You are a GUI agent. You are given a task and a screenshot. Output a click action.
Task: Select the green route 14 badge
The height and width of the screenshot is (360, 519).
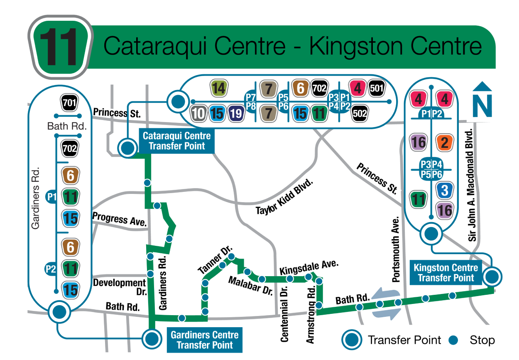218,88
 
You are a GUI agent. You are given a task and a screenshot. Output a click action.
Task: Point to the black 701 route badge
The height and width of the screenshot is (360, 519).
69,102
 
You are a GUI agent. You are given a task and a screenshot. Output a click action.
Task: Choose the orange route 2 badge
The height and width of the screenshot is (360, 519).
444,142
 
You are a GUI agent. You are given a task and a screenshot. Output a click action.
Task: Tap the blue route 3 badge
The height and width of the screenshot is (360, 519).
445,191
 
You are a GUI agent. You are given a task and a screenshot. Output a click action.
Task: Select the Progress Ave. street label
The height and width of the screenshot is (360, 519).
120,219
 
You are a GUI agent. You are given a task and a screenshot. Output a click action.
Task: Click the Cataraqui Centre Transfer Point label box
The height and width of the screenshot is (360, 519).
177,141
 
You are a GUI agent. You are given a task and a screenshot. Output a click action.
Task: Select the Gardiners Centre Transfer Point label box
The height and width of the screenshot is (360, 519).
204,340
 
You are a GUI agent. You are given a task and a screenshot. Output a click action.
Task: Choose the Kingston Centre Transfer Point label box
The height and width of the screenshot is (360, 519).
446,273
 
